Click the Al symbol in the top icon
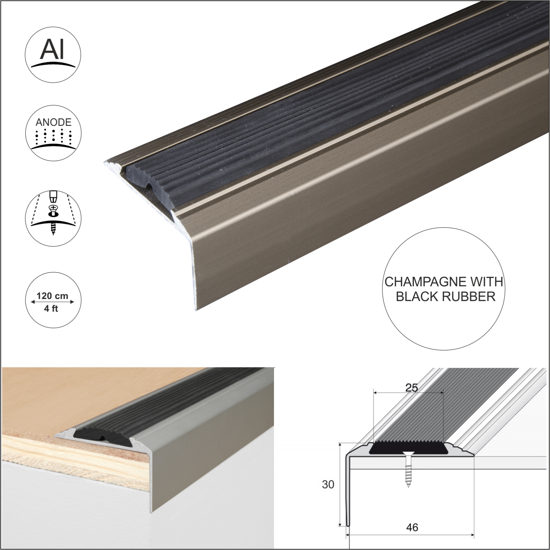tap(53, 51)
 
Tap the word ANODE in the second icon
tap(53, 122)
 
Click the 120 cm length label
tap(52, 296)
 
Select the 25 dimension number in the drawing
tap(411, 388)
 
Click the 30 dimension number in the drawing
tap(328, 484)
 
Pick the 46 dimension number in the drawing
tap(412, 527)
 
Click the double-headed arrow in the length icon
tap(52, 302)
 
